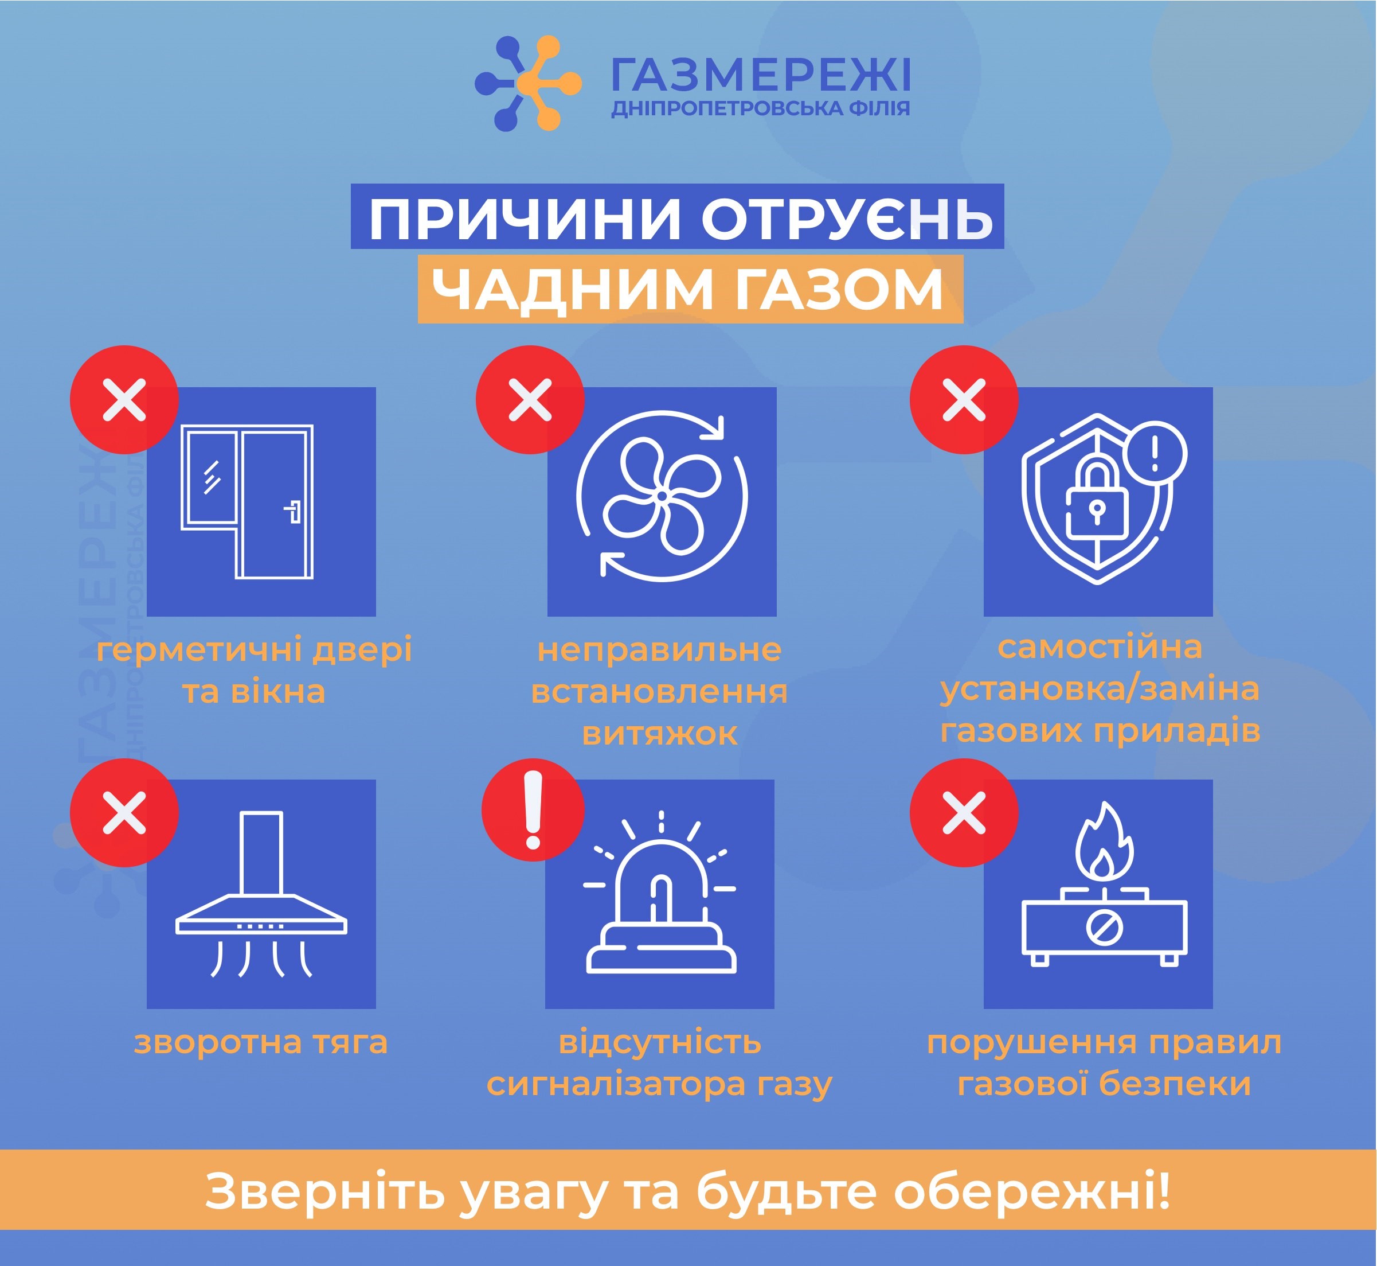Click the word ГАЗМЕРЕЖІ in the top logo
[x=760, y=75]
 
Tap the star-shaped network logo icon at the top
[x=528, y=84]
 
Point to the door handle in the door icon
[x=293, y=511]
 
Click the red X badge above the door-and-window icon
[x=124, y=399]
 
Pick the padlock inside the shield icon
[x=1096, y=498]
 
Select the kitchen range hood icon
[x=261, y=893]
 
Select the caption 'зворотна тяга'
[x=261, y=1043]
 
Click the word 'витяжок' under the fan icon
[x=660, y=734]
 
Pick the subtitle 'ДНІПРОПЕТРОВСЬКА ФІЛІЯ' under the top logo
[x=761, y=108]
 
